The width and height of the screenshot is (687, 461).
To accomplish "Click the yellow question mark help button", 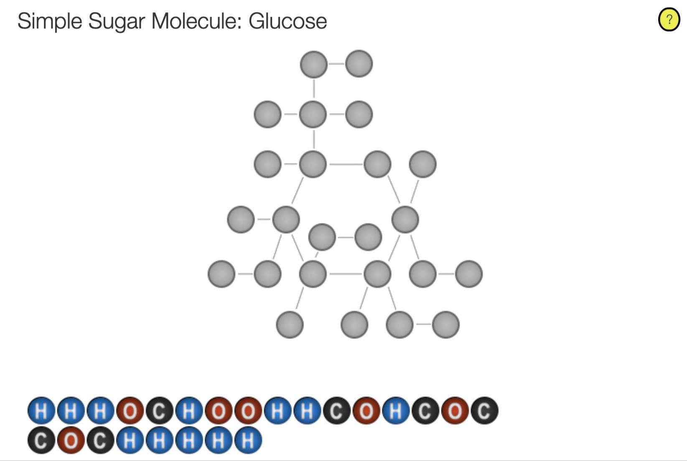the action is coord(669,20).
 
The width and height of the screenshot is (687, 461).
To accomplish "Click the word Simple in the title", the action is coord(50,21).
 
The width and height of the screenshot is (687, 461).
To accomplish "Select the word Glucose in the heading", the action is coord(288,21).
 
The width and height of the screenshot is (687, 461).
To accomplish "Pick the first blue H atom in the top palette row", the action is coord(41,410).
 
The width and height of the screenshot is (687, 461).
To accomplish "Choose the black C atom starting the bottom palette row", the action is coord(41,440).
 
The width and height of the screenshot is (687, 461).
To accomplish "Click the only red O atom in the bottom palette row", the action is coord(71,440).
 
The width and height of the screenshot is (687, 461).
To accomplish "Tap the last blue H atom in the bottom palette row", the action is coord(248,440).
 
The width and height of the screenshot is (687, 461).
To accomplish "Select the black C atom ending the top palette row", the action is coord(485,410).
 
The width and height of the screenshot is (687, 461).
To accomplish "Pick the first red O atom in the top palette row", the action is coord(130,410).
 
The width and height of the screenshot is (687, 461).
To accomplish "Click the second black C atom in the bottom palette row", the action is coord(100,440).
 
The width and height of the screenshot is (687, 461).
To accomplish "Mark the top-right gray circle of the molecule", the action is coord(359,64).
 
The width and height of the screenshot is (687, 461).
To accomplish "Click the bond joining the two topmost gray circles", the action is coord(336,64).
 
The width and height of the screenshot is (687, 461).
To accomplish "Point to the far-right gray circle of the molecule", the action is coord(469,274).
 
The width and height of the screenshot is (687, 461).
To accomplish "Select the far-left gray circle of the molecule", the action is coord(221,274).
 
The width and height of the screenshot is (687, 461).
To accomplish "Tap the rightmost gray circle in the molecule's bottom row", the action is coord(445,325).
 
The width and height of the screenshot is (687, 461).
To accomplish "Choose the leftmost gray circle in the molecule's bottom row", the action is coord(290,325).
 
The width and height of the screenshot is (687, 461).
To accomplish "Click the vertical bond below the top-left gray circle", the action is coord(314,89).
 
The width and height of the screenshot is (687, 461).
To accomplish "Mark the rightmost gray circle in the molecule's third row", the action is coord(422,164).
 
